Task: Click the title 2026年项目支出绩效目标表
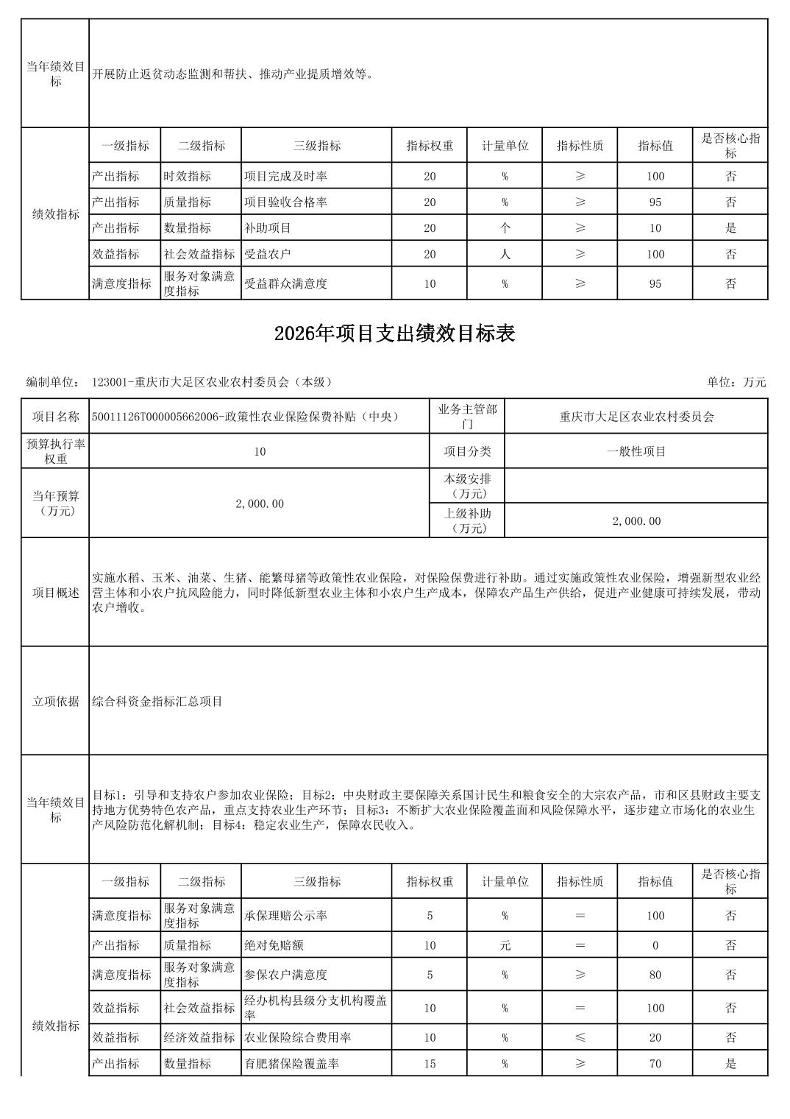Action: coord(394,333)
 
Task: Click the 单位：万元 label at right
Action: coord(736,381)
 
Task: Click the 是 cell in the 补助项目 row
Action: coord(730,228)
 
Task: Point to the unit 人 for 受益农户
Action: coord(505,254)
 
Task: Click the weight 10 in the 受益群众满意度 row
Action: coord(430,283)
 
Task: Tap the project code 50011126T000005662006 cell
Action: coord(245,417)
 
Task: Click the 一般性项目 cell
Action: coord(636,451)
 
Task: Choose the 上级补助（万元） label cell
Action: coord(467,520)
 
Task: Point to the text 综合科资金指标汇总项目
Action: coord(157,702)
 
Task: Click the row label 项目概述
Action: coord(55,593)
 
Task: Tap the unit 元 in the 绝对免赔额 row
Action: coord(505,945)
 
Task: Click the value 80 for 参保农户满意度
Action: coord(655,975)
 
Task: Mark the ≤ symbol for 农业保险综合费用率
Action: coord(580,1037)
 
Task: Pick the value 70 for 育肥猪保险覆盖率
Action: coord(655,1063)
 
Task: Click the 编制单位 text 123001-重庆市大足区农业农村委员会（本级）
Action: coord(213,381)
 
